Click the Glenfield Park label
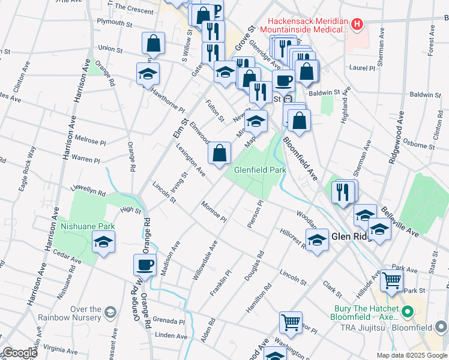(x=260, y=170)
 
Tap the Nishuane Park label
(x=87, y=227)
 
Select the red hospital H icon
(x=357, y=25)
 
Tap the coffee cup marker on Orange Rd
(x=145, y=265)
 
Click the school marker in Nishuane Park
(x=104, y=243)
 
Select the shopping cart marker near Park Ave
(x=391, y=279)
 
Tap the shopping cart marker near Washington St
(x=291, y=322)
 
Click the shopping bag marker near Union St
(x=153, y=43)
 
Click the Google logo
(x=19, y=353)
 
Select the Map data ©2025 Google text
(x=411, y=355)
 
